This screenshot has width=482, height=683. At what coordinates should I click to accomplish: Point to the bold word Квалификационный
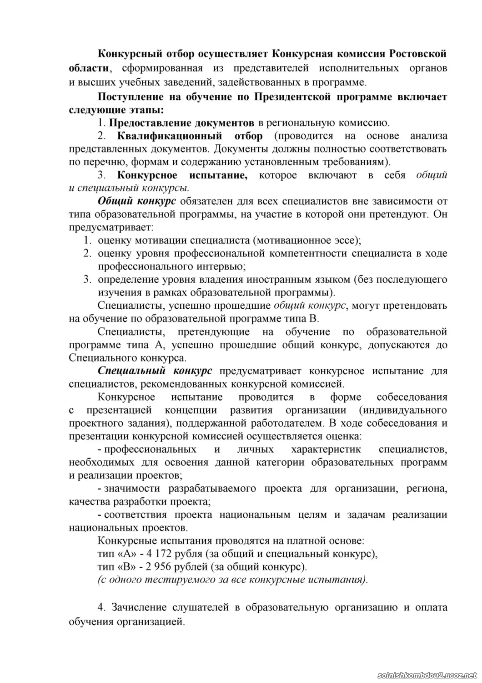tap(170, 136)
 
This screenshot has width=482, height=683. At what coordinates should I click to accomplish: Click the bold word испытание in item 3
tap(217, 175)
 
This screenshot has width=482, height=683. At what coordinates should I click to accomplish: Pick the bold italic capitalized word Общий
tap(114, 201)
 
